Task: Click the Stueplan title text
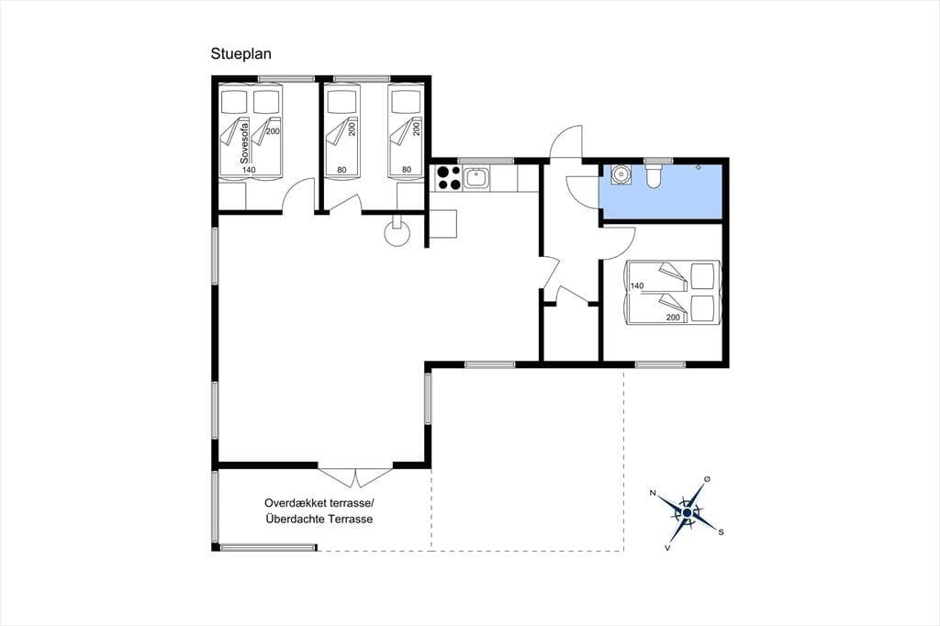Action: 241,54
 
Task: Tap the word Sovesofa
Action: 244,142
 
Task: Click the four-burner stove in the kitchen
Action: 448,177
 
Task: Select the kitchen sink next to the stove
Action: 476,178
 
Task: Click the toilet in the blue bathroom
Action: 653,174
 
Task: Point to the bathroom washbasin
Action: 621,173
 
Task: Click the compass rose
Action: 688,513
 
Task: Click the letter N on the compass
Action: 653,493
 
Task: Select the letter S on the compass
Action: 721,531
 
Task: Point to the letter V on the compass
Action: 668,547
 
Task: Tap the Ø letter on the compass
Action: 708,478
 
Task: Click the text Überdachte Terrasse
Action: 319,520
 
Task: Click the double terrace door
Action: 355,477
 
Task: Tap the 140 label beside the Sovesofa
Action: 249,170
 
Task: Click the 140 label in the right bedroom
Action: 637,285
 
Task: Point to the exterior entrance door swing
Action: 566,141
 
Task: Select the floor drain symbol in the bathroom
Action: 699,167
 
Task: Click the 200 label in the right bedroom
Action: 673,318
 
